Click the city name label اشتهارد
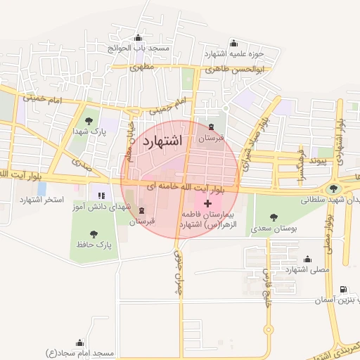[x=162, y=141]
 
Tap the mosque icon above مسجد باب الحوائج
[x=137, y=38]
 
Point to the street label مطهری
[x=141, y=68]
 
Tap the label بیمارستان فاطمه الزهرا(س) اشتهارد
[x=205, y=218]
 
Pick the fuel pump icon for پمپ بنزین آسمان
[x=342, y=289]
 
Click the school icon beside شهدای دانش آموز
[x=101, y=195]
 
